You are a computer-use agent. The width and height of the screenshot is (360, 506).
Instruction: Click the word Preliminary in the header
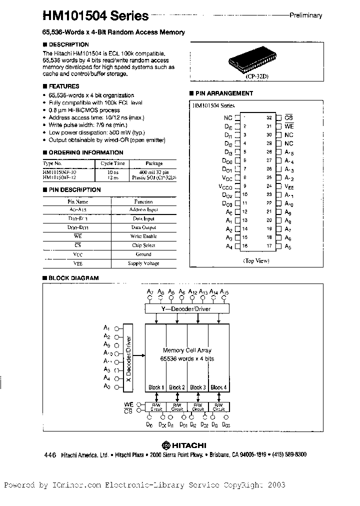click(305, 15)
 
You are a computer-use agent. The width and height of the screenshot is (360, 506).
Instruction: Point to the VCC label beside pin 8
click(227, 177)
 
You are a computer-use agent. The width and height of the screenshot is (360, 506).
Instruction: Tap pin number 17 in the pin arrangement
click(269, 246)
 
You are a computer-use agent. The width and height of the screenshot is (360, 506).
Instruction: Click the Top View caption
click(256, 260)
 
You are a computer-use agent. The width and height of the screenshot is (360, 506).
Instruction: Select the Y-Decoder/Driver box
click(186, 309)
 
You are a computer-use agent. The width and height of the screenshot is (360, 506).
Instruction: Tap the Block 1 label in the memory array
click(155, 387)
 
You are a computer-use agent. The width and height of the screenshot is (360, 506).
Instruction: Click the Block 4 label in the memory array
click(218, 387)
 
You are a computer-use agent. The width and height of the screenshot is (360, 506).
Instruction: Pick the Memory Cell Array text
click(187, 350)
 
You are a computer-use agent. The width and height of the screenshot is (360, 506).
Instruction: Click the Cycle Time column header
click(112, 163)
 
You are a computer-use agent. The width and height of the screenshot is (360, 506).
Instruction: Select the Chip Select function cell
click(143, 245)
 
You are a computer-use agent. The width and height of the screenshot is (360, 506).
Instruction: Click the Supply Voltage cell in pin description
click(143, 263)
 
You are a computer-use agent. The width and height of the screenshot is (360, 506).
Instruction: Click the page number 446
click(49, 455)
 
